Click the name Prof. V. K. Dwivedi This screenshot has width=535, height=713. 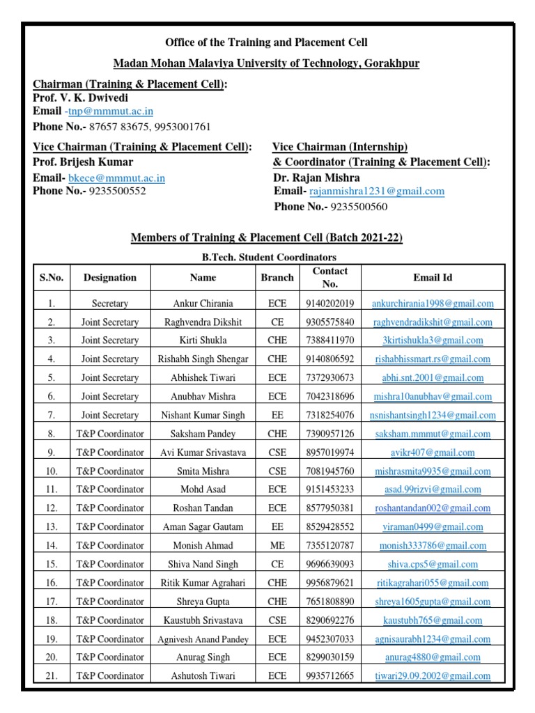(80, 97)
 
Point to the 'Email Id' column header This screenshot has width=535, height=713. (432, 277)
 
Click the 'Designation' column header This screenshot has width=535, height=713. (110, 277)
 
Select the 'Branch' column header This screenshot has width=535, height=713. (277, 277)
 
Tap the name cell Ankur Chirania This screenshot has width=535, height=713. (203, 303)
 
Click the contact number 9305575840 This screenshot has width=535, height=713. (329, 322)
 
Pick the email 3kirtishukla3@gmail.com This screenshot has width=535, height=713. (432, 340)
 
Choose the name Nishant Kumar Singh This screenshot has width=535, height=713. (203, 415)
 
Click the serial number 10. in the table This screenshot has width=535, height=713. (51, 471)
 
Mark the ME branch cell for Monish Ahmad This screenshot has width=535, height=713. (277, 546)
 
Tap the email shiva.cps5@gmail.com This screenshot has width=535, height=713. (432, 565)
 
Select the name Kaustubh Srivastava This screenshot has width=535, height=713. (203, 620)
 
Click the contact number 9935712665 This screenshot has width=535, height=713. (329, 676)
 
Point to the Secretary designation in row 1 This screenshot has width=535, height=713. (110, 303)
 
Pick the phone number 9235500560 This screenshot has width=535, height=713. (359, 206)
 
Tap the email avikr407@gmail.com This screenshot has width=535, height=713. (432, 453)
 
